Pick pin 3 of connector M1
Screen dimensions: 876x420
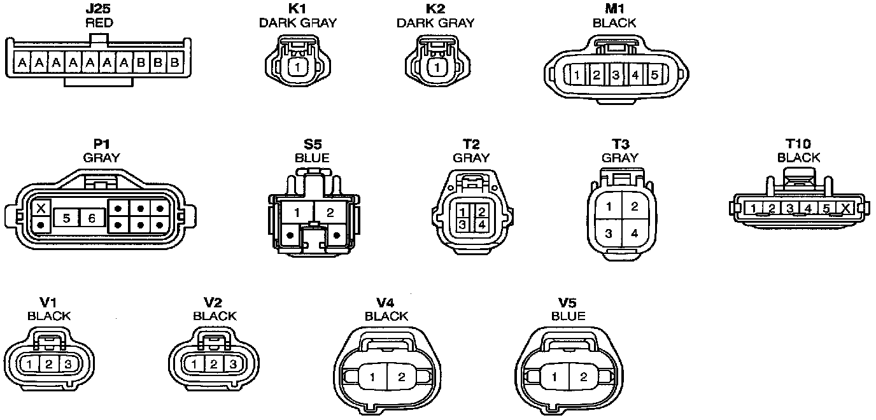616,75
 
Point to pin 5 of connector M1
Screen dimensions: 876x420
654,75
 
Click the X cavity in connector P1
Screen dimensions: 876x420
41,208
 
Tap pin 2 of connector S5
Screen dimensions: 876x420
330,213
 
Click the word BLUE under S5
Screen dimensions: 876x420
312,158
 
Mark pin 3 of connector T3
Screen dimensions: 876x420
609,234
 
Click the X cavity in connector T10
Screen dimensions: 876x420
845,208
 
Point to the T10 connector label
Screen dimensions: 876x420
798,144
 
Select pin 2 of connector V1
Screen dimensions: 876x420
49,364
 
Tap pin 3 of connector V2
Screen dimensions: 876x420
233,364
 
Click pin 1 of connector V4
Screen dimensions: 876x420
372,377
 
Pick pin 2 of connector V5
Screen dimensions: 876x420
583,377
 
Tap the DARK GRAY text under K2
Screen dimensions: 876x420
435,23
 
